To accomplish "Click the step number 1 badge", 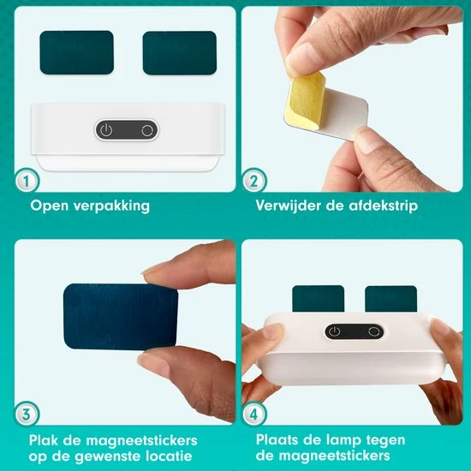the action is click(27, 181).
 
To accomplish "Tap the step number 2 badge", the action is click(254, 181).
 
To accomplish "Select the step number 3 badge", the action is click(27, 414).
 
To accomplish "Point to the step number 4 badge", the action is click(254, 414).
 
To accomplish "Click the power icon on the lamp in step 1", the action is click(106, 130).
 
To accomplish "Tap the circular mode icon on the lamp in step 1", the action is click(147, 130).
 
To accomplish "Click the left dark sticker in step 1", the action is click(76, 52).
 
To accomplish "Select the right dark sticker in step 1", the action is click(180, 52).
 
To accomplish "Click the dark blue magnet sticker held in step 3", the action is click(121, 317).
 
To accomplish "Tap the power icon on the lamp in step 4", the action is click(335, 331).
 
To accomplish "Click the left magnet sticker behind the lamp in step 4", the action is click(318, 298).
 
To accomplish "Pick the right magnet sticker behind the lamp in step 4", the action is click(391, 299).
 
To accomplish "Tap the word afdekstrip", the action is click(384, 206).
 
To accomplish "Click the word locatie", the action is click(169, 456).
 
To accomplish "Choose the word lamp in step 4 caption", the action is click(343, 441).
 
